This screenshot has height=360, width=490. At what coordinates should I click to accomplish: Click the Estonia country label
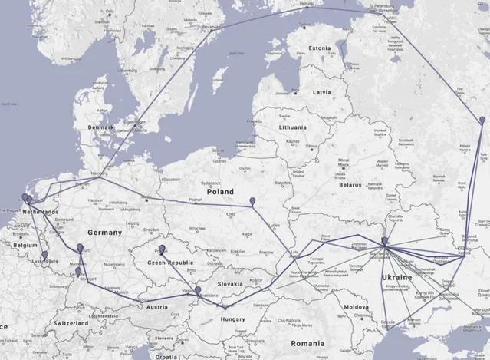(x=319, y=48)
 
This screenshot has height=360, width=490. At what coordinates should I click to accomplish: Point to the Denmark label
(x=100, y=127)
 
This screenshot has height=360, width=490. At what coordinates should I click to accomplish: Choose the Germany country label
(x=104, y=232)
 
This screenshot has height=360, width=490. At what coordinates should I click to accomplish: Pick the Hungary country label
(x=232, y=319)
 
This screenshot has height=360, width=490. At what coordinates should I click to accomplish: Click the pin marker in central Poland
(x=253, y=202)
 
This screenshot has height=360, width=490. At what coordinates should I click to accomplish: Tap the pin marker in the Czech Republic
(x=162, y=250)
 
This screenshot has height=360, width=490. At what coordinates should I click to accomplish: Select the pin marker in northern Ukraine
(x=385, y=243)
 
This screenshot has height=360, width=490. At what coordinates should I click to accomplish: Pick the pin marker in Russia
(x=481, y=121)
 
